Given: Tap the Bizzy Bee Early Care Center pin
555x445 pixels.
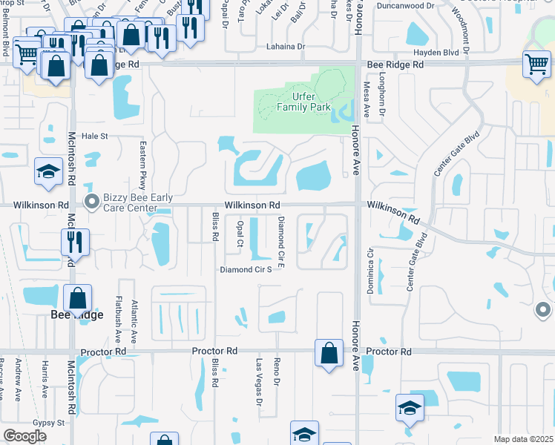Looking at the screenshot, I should coord(92,202).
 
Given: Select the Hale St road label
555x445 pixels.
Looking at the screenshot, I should coord(94,136).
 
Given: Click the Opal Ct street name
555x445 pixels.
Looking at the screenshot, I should coord(239,232).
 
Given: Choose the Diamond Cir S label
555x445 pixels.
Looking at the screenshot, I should coord(246,270).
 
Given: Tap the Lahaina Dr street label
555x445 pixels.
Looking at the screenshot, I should coord(286,47).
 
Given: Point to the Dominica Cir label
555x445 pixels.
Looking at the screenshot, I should coord(369,271).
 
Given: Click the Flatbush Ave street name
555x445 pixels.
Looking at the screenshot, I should coord(118,317).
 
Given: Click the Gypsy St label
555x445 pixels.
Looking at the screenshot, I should coord(49,422).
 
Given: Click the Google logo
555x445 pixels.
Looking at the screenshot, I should coord(24,436).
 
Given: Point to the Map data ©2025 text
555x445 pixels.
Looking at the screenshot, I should coord(522,439).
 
